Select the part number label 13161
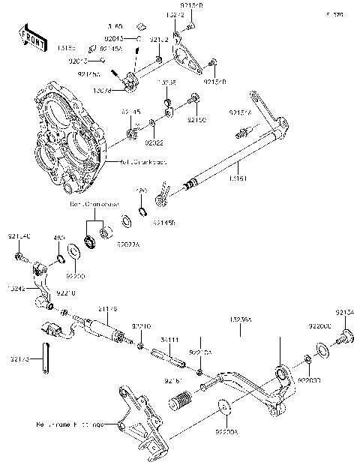point(238,178)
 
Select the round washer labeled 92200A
point(223,409)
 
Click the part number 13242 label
point(17,288)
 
